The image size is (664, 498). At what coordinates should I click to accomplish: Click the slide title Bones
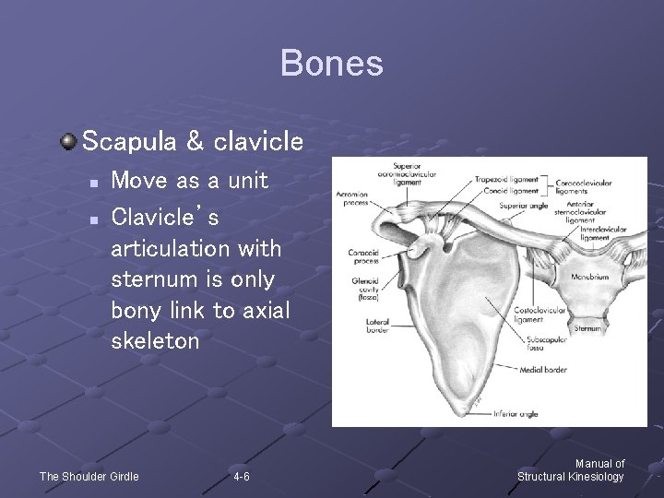tap(331, 64)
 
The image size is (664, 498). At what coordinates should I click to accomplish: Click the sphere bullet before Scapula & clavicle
tap(68, 141)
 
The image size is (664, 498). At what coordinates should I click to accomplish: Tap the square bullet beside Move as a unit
tap(92, 183)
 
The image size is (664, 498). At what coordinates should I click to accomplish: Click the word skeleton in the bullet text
tap(155, 341)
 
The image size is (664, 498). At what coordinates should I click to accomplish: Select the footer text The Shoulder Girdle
tap(89, 477)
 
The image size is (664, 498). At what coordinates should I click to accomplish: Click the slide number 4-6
tap(241, 477)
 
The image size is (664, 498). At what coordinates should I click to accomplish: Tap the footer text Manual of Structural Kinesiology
tap(571, 470)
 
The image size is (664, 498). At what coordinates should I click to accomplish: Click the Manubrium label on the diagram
tap(589, 277)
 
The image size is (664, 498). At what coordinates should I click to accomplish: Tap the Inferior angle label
tap(516, 414)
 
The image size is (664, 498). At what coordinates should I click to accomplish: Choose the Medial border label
tap(543, 370)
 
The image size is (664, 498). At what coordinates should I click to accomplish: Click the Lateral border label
tap(377, 326)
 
